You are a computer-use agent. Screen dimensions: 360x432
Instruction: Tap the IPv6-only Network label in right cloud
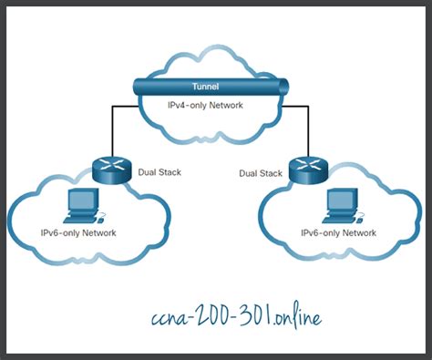tap(338, 233)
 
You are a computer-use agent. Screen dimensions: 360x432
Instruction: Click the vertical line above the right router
tap(305, 128)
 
